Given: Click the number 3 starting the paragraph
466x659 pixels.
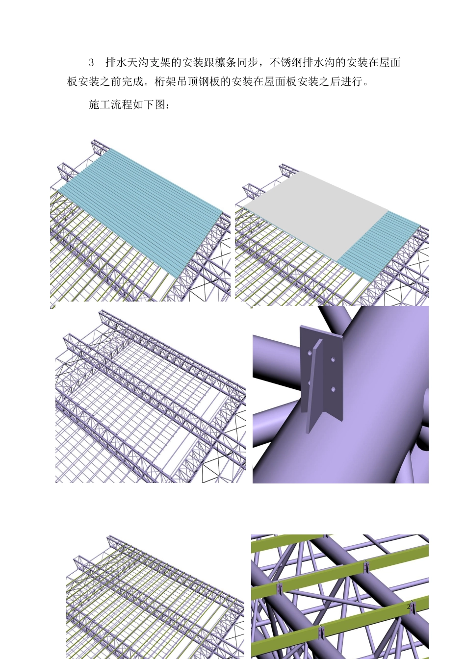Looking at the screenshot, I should click(91, 63).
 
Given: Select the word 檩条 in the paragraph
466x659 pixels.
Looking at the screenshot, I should click(226, 63).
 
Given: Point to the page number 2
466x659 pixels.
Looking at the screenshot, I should click(408, 607).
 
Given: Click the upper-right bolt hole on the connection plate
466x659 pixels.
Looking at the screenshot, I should click(333, 360).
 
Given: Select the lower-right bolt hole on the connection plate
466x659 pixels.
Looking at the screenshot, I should click(333, 389).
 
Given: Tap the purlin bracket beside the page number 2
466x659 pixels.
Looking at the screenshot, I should click(413, 608).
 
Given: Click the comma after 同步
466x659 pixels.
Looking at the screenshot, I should click(262, 64).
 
